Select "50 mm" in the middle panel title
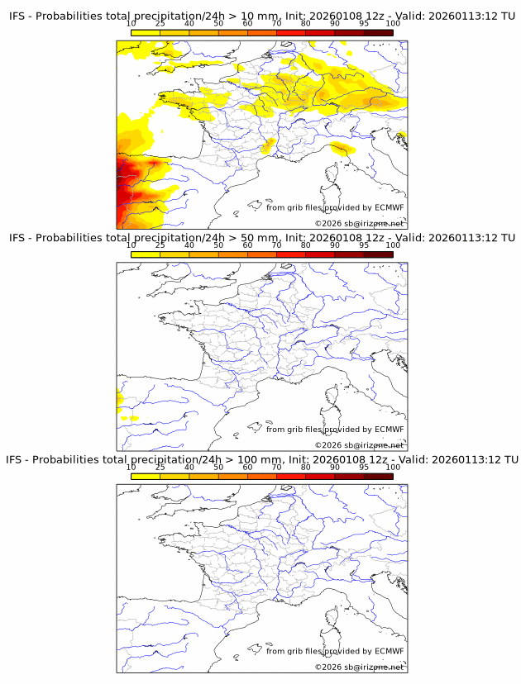[260, 238]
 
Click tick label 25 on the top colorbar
[160, 24]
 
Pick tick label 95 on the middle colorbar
[364, 245]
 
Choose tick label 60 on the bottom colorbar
[247, 468]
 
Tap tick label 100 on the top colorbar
[393, 24]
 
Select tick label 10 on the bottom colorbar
[131, 468]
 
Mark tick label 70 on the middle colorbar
[276, 245]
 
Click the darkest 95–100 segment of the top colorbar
[378, 32]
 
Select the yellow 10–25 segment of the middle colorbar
[146, 254]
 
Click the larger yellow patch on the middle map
[120, 401]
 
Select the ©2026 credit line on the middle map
[359, 445]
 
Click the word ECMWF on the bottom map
[390, 651]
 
